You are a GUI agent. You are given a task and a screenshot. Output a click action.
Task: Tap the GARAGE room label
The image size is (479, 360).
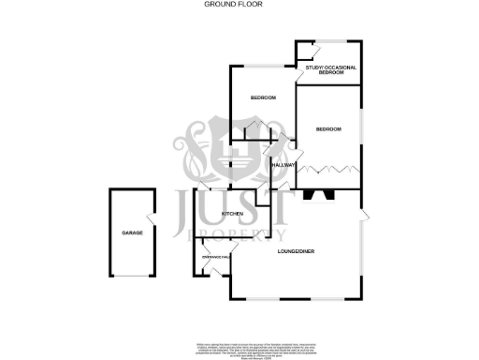tap(131, 232)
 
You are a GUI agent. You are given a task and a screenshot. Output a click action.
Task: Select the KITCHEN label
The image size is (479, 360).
tap(232, 214)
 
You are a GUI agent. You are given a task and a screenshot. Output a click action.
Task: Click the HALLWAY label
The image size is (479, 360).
tap(283, 165)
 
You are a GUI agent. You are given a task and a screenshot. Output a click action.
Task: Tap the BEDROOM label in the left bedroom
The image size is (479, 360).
tap(263, 98)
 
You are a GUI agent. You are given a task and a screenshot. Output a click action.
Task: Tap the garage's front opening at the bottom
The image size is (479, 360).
tap(131, 277)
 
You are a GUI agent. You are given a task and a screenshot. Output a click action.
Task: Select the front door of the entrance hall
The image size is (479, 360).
tap(211, 274)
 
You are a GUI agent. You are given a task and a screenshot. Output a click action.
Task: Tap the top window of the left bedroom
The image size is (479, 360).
tap(262, 65)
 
